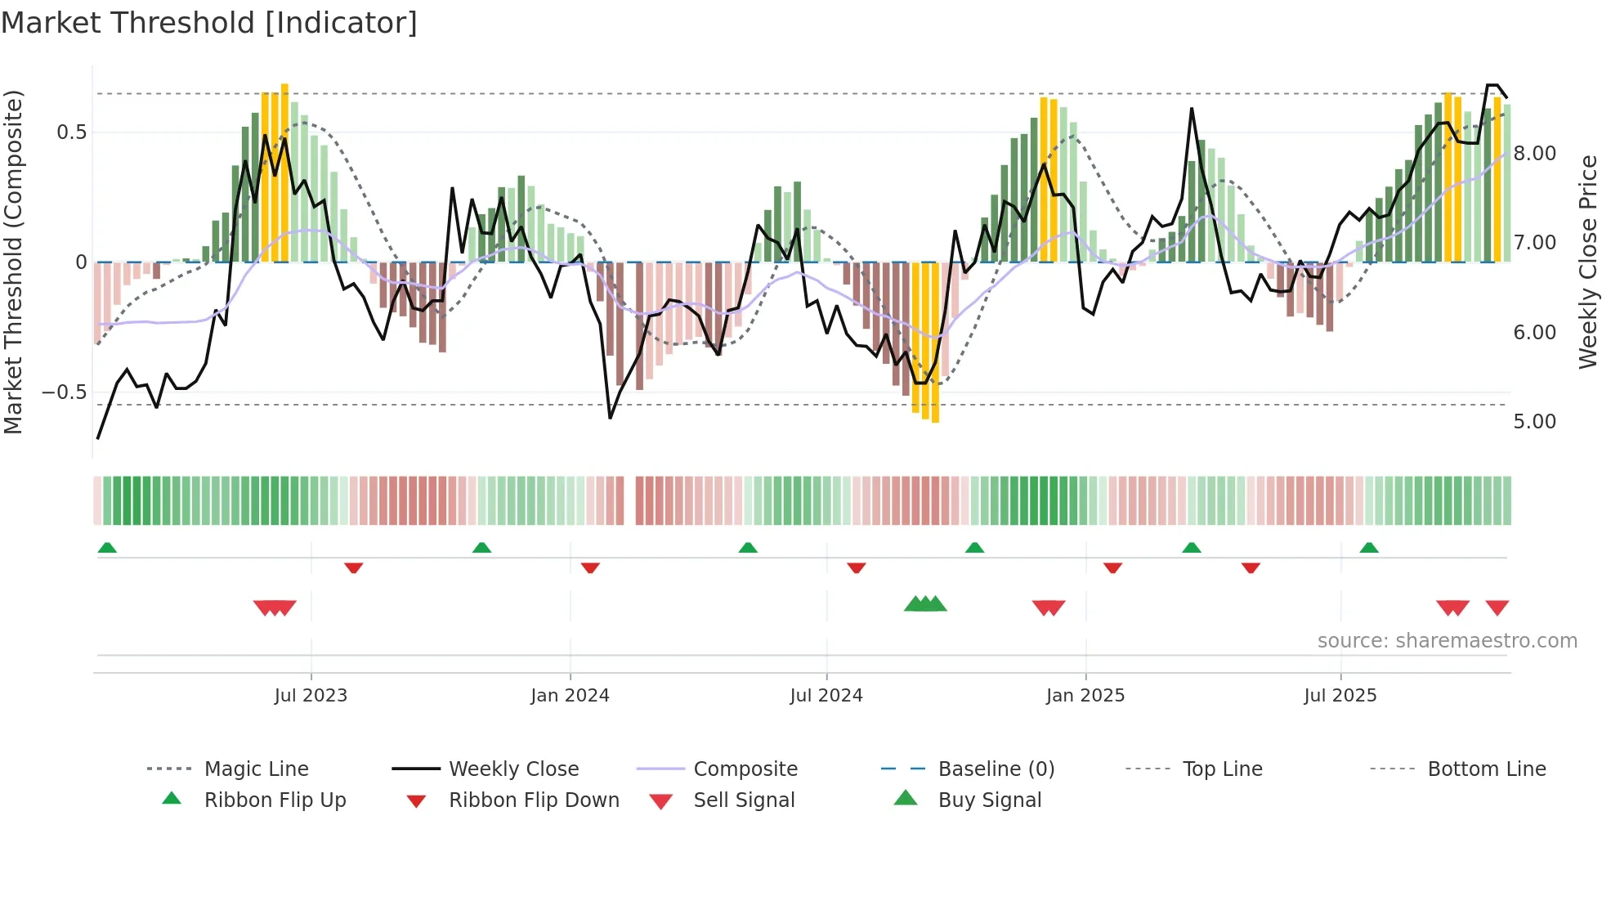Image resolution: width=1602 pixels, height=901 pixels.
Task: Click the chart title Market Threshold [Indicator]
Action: point(209,23)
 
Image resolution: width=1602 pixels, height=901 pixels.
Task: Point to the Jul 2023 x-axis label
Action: point(311,696)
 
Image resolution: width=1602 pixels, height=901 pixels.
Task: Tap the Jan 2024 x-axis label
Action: point(570,696)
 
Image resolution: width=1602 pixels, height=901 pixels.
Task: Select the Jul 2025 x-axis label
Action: point(1340,696)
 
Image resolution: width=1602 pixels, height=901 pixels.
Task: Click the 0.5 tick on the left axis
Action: point(71,132)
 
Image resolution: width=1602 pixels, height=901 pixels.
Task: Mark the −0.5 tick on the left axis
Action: point(64,392)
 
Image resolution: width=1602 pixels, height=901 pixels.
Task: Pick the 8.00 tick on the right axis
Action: point(1534,154)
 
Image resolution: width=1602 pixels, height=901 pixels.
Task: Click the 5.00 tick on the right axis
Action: point(1534,422)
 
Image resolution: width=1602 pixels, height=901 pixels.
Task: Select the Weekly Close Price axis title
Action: point(1587,262)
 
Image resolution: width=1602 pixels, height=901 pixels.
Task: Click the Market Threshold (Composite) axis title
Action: point(13,262)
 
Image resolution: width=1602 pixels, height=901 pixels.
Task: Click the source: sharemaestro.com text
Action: point(1447,641)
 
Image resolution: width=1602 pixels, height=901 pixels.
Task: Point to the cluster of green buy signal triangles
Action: point(925,604)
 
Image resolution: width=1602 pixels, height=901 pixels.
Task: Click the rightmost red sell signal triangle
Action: point(1497,607)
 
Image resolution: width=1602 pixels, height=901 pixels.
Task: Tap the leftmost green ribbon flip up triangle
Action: point(107,548)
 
